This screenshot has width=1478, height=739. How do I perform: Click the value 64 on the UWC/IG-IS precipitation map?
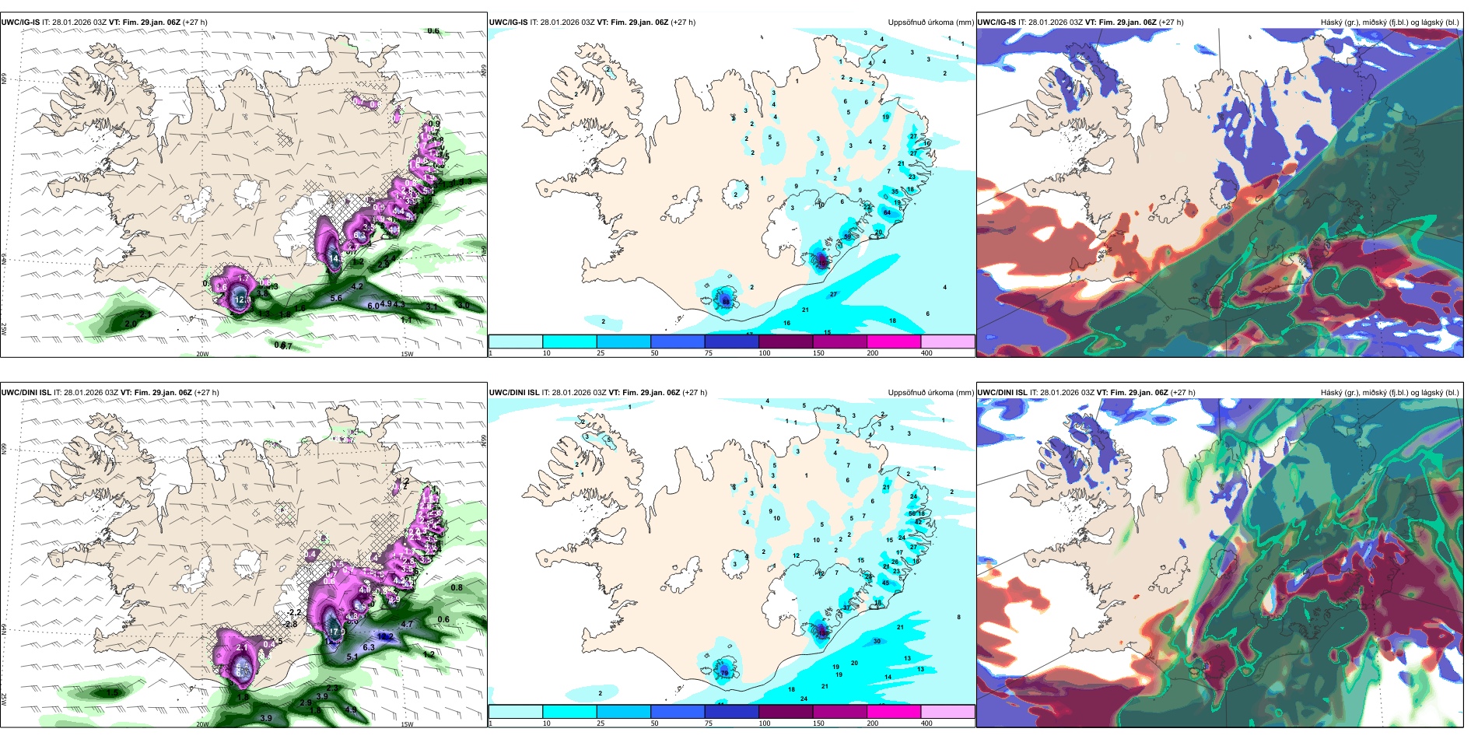(887, 212)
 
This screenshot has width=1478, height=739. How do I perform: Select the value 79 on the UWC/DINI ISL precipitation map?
(724, 672)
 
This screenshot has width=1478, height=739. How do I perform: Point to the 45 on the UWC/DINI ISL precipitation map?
(885, 583)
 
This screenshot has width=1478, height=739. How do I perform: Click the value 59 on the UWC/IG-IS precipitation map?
(848, 236)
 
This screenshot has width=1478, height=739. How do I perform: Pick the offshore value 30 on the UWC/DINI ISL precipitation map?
(877, 641)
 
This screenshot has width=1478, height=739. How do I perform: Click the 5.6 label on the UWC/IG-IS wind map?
(336, 298)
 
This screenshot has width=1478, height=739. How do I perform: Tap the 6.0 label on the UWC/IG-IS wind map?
(373, 306)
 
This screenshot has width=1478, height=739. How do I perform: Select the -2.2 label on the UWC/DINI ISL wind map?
(294, 613)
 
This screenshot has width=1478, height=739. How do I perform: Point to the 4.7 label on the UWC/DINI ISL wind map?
(407, 624)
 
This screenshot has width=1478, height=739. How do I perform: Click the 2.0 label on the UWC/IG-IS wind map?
(131, 324)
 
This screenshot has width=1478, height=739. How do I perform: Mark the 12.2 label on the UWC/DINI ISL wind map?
(385, 636)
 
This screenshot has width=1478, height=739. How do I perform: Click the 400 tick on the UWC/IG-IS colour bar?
(926, 353)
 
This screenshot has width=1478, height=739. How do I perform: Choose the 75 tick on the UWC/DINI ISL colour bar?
(709, 723)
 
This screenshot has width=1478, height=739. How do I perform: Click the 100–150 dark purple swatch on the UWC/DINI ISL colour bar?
(786, 711)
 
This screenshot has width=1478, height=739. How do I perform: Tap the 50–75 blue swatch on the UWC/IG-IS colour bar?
(678, 341)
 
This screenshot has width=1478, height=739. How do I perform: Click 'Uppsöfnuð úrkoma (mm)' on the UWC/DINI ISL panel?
(930, 393)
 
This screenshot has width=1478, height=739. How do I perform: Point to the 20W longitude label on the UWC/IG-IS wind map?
(202, 354)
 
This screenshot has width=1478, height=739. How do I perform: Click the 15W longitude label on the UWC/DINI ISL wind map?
(407, 724)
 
